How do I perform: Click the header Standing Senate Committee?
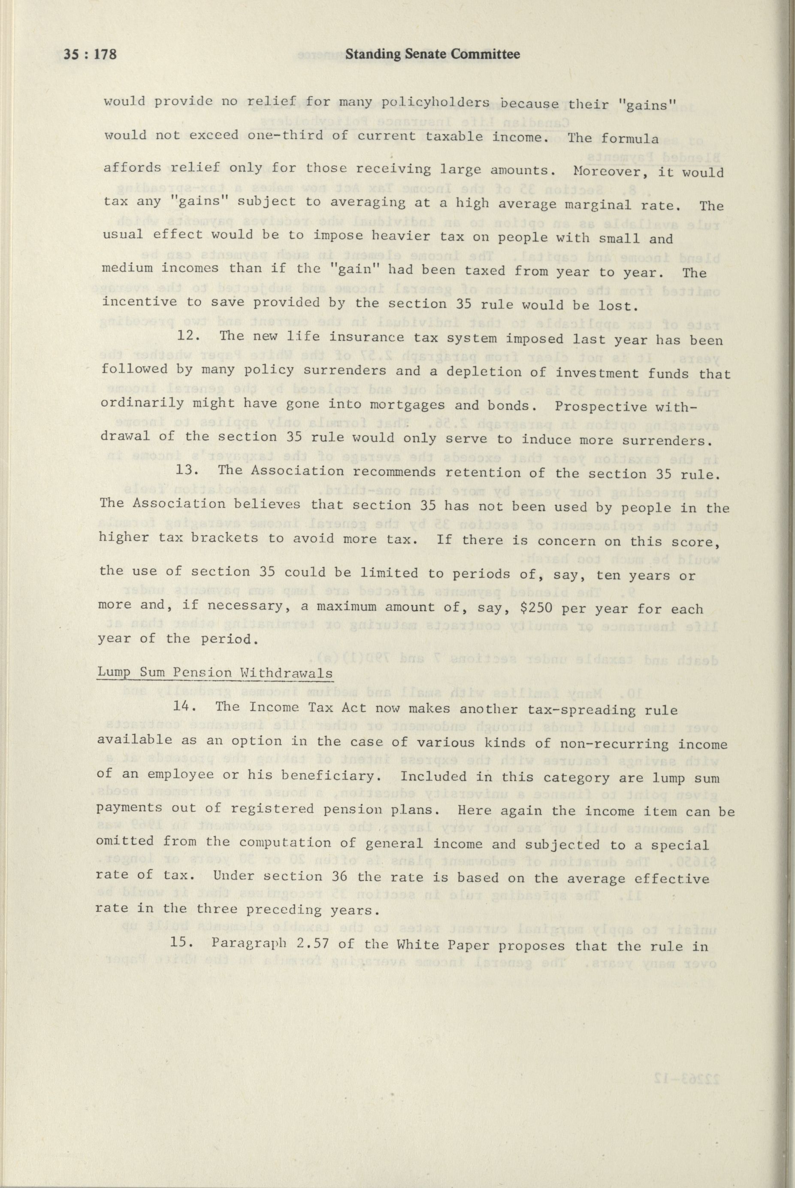pos(432,54)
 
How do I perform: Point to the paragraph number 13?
pos(184,470)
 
